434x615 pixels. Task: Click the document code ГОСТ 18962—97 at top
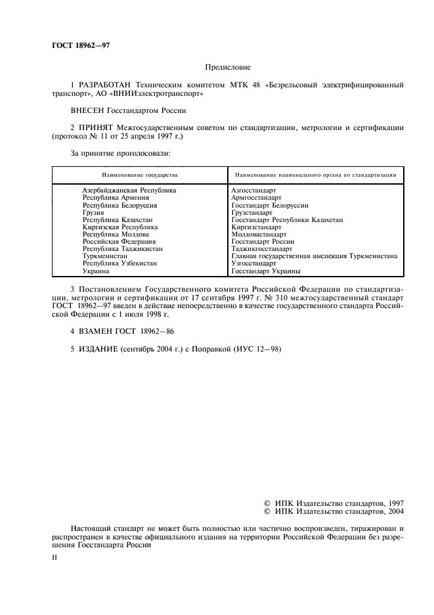81,45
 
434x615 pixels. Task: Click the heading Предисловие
228,66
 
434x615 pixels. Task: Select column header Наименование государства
139,175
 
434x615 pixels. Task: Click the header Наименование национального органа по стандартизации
315,175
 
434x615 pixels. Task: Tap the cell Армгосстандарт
256,197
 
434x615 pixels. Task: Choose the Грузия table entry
93,213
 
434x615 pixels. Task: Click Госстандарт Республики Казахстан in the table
287,220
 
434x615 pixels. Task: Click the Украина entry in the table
96,270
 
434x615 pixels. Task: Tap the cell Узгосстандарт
253,263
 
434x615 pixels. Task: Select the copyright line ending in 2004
334,511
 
